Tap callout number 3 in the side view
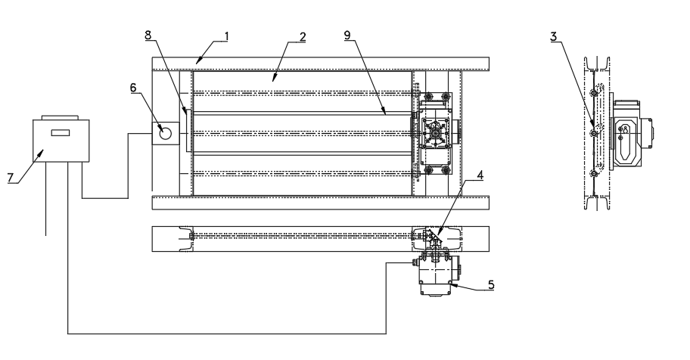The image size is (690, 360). click(555, 36)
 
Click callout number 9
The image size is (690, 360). click(350, 36)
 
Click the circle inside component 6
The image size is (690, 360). click(166, 134)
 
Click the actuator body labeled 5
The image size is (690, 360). click(437, 278)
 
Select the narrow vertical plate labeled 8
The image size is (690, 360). click(186, 133)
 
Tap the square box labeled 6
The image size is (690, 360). click(166, 134)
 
